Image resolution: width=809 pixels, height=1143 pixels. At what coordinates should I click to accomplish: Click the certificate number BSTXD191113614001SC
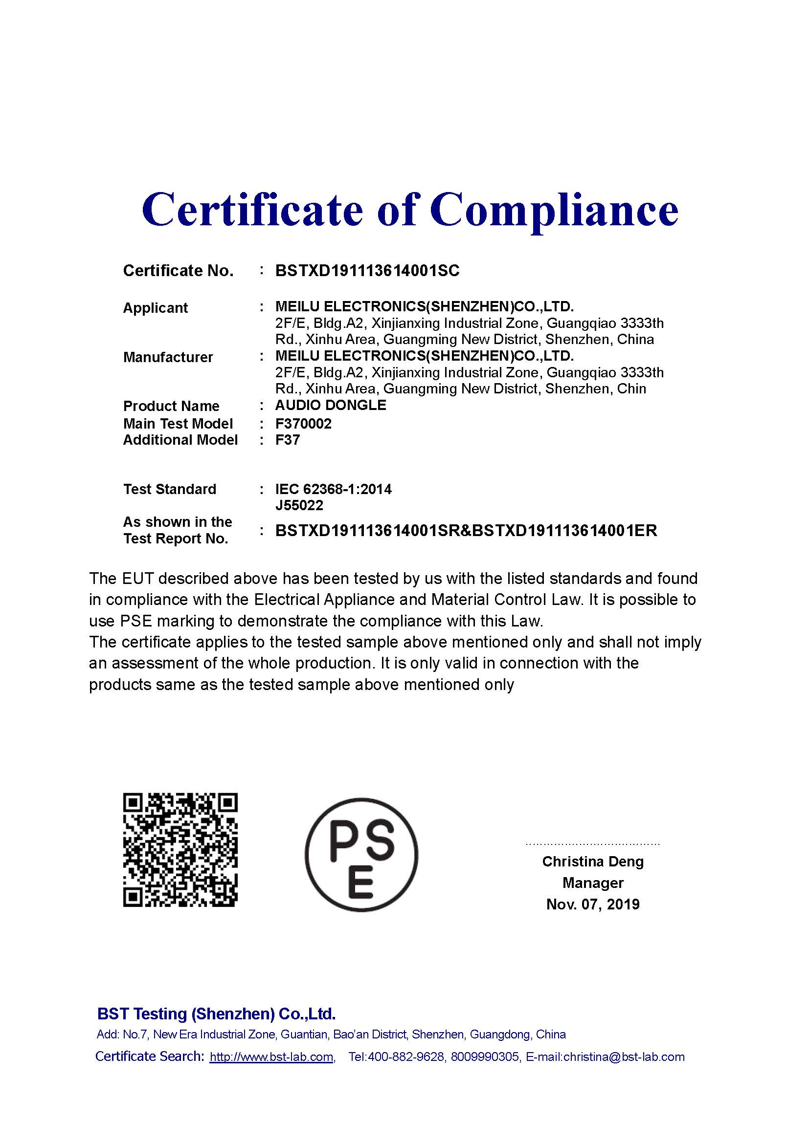pos(367,271)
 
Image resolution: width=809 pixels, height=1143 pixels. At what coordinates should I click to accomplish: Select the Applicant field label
pos(156,308)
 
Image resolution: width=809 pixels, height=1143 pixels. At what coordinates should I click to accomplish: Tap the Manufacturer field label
pos(168,357)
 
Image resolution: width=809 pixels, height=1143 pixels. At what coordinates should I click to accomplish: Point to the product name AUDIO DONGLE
pos(331,405)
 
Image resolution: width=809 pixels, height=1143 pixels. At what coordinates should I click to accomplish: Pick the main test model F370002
pos(303,424)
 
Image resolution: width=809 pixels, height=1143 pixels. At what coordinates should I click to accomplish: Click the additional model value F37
pos(288,440)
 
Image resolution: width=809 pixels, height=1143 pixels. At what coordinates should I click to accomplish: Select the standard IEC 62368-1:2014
pos(333,489)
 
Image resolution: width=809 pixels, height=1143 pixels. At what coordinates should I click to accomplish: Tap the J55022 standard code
pos(299,506)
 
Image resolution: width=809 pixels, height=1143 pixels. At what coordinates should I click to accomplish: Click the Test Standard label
pos(169,489)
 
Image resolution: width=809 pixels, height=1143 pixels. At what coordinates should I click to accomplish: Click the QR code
pos(180,850)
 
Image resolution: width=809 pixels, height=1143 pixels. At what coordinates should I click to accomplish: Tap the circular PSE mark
pos(361,855)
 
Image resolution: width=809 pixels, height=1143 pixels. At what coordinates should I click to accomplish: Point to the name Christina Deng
pos(593,862)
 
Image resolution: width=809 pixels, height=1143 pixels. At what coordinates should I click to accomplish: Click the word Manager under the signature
pos(593,883)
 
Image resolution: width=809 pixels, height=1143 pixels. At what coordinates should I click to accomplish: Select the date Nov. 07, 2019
pos(593,905)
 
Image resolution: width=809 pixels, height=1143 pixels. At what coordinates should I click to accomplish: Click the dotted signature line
pos(593,844)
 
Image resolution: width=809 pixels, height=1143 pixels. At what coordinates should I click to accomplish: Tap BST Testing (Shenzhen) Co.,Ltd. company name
pos(216,1014)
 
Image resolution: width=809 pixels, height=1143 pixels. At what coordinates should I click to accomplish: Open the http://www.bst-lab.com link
pos(271,1057)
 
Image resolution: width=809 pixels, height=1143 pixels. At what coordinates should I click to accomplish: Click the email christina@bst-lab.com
pos(624,1057)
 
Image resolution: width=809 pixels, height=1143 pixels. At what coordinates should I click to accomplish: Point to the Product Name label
pos(171,406)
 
